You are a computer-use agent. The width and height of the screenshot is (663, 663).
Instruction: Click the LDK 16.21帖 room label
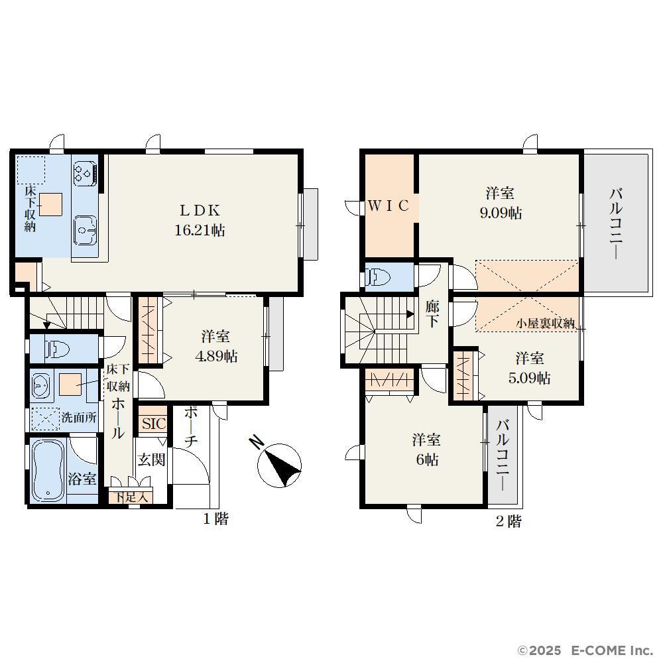click(x=200, y=220)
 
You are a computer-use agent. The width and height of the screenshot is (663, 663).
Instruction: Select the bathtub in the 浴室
click(x=48, y=470)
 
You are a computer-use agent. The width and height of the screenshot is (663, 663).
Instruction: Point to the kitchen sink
click(x=85, y=231)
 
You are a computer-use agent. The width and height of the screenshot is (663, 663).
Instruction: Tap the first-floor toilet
click(x=56, y=349)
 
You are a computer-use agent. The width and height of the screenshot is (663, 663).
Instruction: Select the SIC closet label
click(x=153, y=424)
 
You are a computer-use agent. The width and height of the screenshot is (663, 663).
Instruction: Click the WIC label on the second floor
click(x=389, y=206)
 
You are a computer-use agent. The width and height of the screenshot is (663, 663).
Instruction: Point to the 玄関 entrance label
click(x=151, y=459)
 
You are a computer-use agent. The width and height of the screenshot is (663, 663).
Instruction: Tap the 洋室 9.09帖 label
click(x=501, y=203)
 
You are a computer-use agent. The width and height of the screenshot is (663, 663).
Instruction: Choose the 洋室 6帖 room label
click(x=426, y=450)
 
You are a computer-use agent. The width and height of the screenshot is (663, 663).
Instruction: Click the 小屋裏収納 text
click(x=545, y=324)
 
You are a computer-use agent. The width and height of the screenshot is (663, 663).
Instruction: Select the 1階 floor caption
click(x=215, y=518)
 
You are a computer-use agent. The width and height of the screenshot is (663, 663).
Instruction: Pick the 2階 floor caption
click(x=509, y=521)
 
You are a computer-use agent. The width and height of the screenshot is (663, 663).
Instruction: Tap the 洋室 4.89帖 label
click(x=216, y=347)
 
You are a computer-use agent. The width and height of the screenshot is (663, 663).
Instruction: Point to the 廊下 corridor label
click(x=432, y=314)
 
